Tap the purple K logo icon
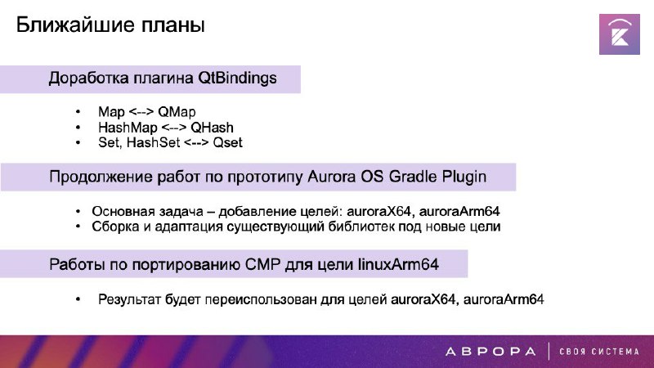tap(620, 34)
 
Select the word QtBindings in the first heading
tap(237, 79)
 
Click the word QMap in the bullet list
tap(177, 112)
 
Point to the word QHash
tap(212, 128)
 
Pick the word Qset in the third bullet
tap(227, 142)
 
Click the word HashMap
tap(128, 128)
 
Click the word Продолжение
tap(101, 177)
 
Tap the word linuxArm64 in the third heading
tap(398, 264)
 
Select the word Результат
tap(130, 299)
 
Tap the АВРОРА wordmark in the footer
tap(490, 352)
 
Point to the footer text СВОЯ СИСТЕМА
tap(599, 352)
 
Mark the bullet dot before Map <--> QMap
tap(78, 112)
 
